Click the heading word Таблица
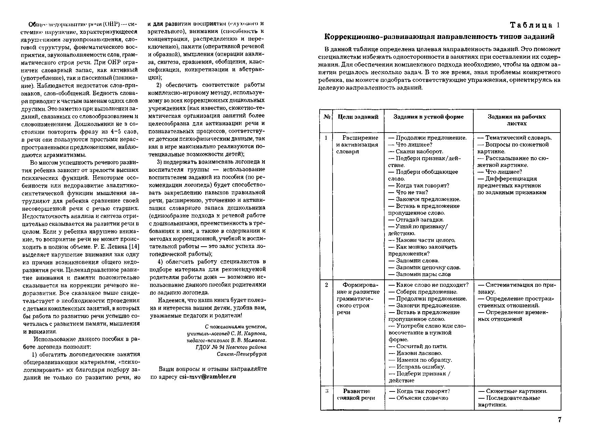531,25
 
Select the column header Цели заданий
358,117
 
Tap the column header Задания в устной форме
428,117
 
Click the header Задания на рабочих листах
516,120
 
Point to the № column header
326,117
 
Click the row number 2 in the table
326,285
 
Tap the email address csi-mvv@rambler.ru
208,377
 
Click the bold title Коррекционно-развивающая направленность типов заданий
439,37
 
